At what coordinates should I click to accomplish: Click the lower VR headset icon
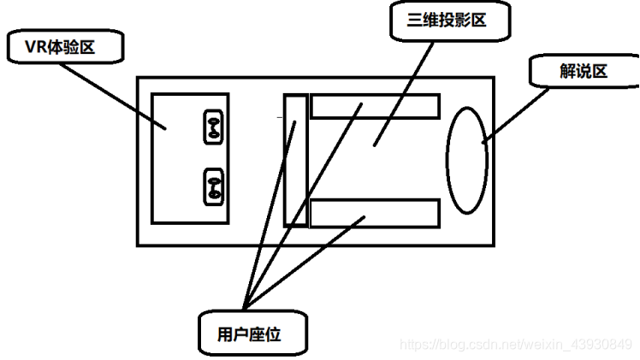click(x=213, y=186)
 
